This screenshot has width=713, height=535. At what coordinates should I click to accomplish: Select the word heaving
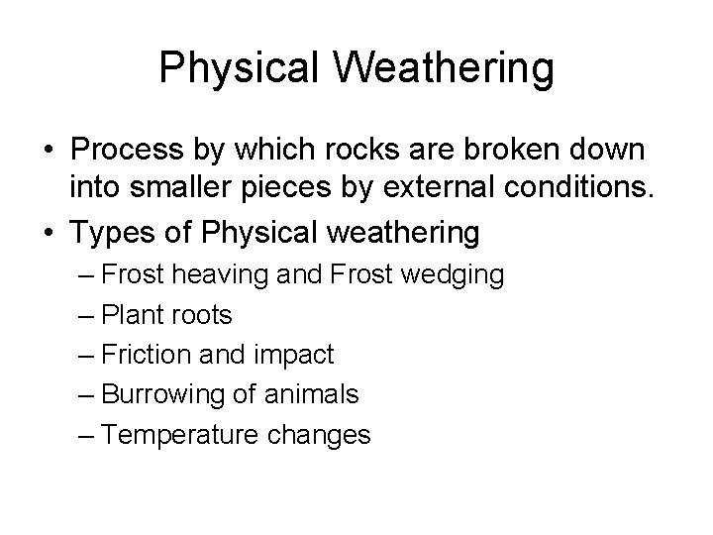(207, 275)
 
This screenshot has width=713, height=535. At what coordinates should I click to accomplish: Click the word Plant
(138, 315)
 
